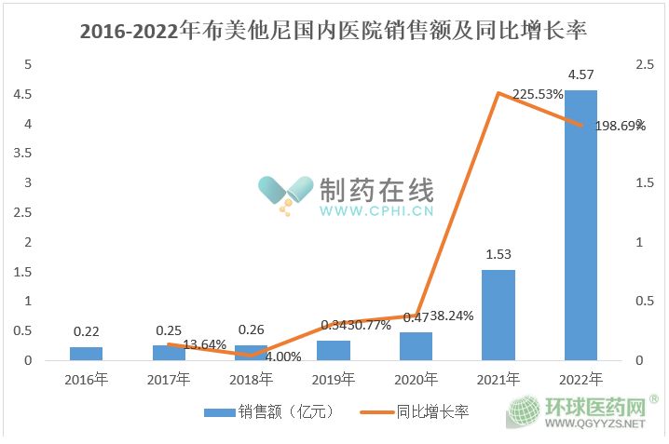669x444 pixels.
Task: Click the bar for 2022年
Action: click(x=580, y=225)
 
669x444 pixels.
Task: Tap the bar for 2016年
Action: click(x=86, y=354)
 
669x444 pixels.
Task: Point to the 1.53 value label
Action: click(x=498, y=254)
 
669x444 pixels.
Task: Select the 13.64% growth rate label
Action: click(x=204, y=345)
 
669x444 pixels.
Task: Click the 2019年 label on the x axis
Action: click(x=333, y=379)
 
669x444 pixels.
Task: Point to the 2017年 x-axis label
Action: click(x=168, y=379)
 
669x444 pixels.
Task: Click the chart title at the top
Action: click(x=334, y=31)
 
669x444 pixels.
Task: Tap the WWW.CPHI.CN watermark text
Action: click(x=376, y=211)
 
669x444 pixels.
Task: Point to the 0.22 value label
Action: click(x=86, y=330)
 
